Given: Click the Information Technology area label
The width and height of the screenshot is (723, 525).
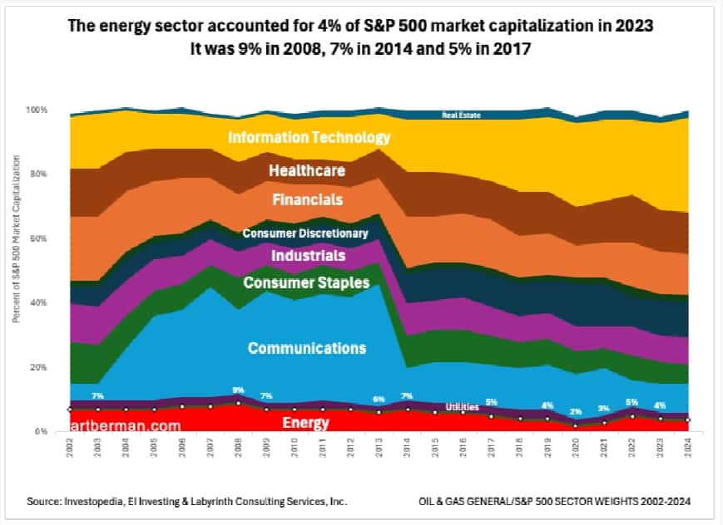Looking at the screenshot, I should click(310, 136).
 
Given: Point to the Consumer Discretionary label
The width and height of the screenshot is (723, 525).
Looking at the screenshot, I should click(305, 233).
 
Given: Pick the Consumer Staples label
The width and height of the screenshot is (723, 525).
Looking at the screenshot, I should click(306, 283).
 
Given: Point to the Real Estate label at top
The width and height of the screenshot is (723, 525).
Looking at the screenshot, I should click(460, 115).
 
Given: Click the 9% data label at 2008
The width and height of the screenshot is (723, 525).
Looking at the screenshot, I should click(239, 390).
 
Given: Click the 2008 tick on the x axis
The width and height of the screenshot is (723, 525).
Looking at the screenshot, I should click(239, 451).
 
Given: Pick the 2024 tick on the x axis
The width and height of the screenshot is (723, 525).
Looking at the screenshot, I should click(686, 451).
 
